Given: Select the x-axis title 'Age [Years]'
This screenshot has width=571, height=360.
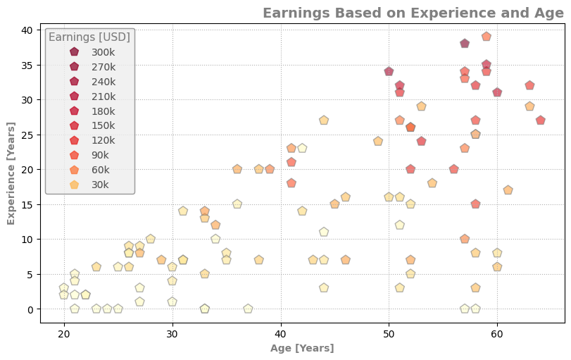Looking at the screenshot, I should [302, 348].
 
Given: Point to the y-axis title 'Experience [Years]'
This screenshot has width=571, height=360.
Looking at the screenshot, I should [11, 173].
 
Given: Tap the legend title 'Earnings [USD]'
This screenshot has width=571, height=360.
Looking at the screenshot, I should [89, 37].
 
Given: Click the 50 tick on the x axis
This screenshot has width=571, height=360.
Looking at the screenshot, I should [389, 333].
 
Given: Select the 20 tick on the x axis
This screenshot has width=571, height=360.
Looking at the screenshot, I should [64, 333].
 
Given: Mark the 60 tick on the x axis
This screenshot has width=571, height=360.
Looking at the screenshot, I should [497, 333].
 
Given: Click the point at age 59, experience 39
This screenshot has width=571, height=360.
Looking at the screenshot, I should [487, 37].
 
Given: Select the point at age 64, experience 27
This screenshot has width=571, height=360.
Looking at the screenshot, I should [541, 120].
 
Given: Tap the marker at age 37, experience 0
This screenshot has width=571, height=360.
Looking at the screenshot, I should [248, 309].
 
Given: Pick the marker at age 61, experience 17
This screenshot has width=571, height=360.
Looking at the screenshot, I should [508, 190].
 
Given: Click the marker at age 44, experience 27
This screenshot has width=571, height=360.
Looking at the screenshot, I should [324, 120].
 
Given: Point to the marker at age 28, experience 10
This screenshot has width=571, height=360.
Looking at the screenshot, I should [151, 239].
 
